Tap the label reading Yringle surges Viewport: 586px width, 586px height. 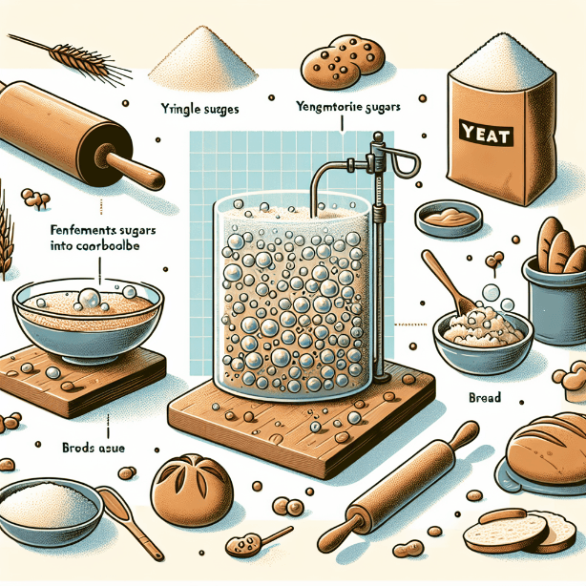point(196,109)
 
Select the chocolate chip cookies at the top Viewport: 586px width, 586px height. point(340,62)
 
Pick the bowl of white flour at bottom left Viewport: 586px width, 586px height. point(48,506)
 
